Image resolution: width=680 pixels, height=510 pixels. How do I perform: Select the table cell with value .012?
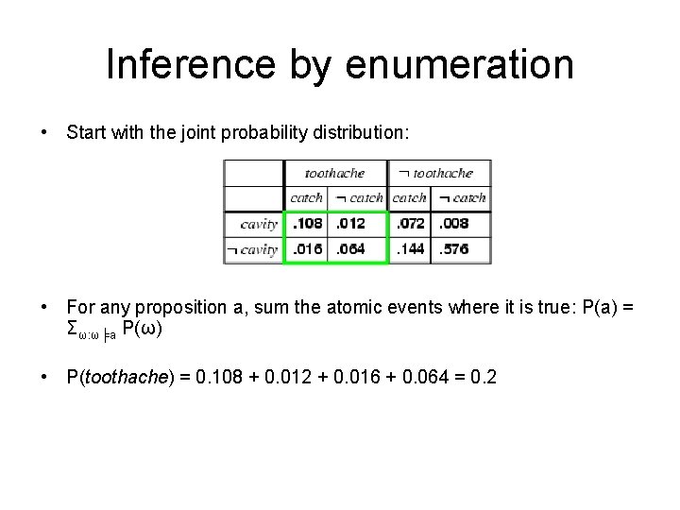[358, 225]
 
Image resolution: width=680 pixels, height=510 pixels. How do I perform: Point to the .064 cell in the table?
[358, 249]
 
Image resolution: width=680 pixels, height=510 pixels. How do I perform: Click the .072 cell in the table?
[410, 225]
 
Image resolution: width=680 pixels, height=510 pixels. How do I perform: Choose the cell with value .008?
[461, 225]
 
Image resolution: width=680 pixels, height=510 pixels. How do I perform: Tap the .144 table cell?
[410, 249]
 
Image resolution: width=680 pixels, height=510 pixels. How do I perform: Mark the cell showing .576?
[461, 249]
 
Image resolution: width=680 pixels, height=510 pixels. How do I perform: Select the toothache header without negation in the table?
[333, 173]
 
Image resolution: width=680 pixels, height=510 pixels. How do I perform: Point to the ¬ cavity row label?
[252, 249]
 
